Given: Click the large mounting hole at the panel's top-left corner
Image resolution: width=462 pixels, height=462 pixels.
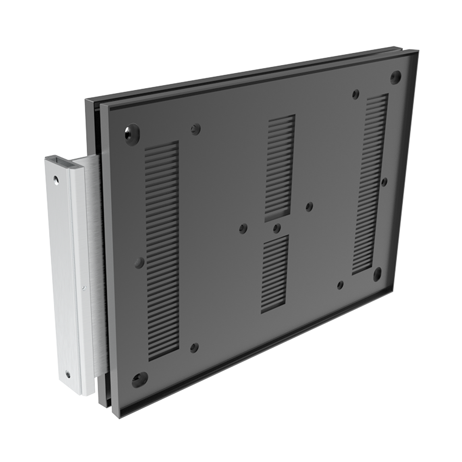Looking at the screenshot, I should coord(132,134).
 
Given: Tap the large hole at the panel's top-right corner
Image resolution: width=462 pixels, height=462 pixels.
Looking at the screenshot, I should coord(395,77).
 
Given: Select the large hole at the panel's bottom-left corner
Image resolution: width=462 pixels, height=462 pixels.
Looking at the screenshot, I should coord(140,379).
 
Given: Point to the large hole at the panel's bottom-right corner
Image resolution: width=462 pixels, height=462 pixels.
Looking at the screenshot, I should coord(377,274).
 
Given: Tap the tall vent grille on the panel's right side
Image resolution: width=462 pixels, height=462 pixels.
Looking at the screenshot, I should coord(371,184).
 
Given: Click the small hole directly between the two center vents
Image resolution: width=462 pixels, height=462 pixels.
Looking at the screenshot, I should coord(277,228).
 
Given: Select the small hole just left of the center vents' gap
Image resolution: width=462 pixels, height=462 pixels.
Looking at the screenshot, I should coord(243,228).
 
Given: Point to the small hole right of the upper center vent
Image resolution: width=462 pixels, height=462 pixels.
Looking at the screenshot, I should coord(309,207).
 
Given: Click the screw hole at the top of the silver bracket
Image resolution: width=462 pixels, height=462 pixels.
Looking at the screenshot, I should coord(56,179).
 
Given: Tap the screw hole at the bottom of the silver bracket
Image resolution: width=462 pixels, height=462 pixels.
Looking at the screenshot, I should coord(68,373).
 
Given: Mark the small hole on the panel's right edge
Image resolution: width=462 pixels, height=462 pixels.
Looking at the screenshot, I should coord(384,182).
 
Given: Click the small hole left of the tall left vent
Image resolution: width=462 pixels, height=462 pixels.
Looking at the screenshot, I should coord(139,262).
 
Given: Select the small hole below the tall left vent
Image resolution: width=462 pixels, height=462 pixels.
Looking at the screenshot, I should coord(195,347).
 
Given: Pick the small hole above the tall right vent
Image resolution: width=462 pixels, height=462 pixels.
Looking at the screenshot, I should coord(355,94).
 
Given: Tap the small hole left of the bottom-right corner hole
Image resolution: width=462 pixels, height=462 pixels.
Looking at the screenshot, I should coord(340,285).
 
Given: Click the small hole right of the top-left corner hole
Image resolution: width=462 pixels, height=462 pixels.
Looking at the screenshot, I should coord(195,129).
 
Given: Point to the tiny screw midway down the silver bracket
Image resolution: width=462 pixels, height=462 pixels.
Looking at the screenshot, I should coord(83,287).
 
